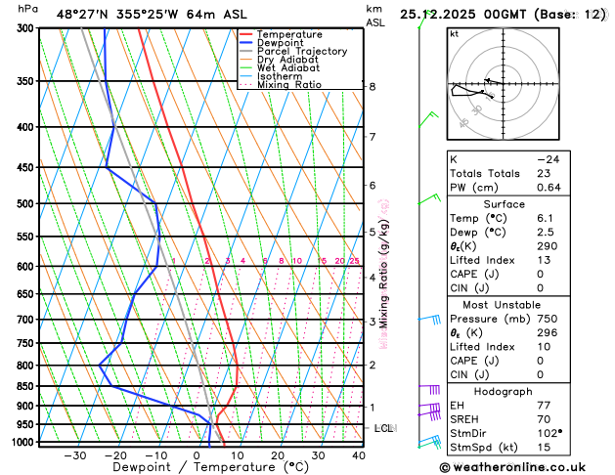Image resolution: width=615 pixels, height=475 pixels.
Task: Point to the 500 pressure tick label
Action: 22,204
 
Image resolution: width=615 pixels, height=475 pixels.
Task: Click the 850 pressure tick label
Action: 22,386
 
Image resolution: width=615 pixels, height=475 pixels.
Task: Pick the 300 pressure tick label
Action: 22,28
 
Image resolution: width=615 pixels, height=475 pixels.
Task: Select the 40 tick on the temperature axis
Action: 359,455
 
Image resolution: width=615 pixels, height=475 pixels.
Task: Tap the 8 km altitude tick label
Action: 372,87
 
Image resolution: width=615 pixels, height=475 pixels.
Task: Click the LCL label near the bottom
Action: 383,428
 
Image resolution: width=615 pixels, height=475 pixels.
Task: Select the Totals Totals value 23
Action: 543,173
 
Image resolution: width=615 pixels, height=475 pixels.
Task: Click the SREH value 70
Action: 543,418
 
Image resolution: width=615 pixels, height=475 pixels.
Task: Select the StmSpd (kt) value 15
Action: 543,448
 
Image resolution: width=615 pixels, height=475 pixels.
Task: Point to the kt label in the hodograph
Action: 454,34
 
